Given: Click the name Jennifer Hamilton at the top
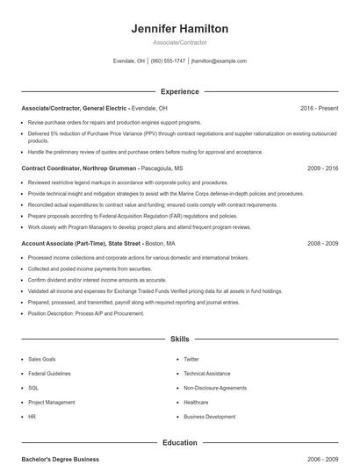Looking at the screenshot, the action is [x=180, y=29].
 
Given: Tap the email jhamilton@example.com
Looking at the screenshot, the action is [x=219, y=61].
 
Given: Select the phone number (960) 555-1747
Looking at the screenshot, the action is [x=168, y=61].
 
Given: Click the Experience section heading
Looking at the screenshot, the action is [x=180, y=91].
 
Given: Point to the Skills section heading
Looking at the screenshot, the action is [x=180, y=338].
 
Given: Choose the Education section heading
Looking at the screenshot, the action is [x=180, y=443].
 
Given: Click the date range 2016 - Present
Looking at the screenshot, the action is [x=319, y=108].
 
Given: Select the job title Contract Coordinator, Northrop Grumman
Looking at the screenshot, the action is [x=80, y=167].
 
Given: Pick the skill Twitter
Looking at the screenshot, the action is [x=191, y=359].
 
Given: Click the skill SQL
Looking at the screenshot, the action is [x=33, y=387].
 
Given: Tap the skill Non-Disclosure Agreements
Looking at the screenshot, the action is [x=215, y=387].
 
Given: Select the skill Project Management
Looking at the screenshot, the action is [x=52, y=402].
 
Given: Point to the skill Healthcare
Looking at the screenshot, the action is [x=197, y=402].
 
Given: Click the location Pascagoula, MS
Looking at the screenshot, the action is [x=162, y=167].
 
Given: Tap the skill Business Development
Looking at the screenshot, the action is [x=210, y=416].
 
